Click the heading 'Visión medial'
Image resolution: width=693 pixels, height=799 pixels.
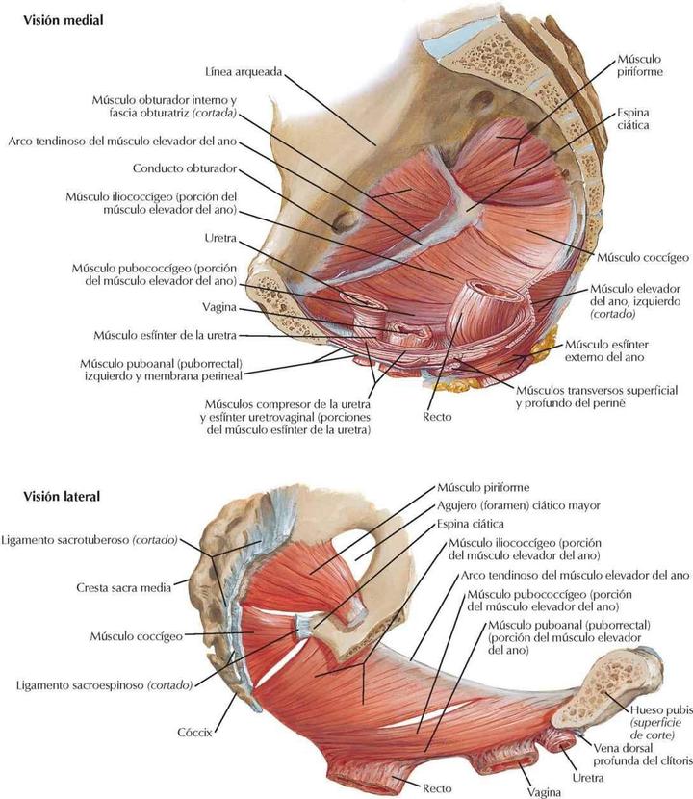(64, 20)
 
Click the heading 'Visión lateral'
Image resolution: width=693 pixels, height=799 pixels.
(62, 496)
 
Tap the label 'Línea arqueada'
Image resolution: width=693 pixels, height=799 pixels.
(244, 72)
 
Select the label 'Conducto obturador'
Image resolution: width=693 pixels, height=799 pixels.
(185, 168)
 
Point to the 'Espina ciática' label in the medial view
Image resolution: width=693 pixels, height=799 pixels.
(633, 118)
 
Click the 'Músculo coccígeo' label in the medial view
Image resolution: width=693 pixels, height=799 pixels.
(643, 257)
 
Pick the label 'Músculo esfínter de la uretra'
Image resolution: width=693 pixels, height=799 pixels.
(166, 335)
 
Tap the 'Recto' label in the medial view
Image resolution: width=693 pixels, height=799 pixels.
(437, 417)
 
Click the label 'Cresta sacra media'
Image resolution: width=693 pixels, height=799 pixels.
(124, 587)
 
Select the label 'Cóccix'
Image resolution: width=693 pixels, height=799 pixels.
(194, 733)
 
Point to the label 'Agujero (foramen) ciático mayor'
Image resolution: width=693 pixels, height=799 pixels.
(519, 505)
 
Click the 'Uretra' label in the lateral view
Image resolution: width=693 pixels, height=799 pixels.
(588, 778)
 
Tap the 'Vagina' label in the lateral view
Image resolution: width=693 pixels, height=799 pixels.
(544, 792)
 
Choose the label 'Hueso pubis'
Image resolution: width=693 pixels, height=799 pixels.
(661, 709)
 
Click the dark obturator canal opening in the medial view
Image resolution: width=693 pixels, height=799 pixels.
(346, 221)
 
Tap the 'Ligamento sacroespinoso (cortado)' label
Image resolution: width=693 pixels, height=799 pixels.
(105, 685)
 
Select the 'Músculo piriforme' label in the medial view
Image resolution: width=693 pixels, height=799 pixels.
(640, 65)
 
